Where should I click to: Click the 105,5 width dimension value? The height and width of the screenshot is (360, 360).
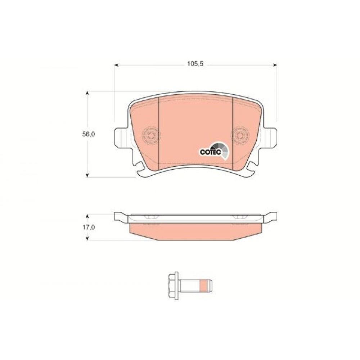pos(195,64)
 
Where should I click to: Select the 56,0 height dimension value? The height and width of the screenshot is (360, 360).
pos(89,134)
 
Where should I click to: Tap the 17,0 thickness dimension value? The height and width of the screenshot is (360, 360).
pos(89,227)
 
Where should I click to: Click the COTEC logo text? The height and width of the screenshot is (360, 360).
pos(210,152)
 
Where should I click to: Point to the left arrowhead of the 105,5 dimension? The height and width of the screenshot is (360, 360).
pos(116,66)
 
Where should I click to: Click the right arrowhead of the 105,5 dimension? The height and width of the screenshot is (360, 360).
pos(275,66)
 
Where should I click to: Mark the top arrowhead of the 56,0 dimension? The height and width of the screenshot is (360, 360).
pos(87,93)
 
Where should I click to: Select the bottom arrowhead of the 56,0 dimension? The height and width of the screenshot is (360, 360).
pos(87,175)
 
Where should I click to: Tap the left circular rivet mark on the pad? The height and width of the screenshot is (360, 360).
pos(151,135)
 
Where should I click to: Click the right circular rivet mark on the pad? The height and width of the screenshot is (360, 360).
pos(240,135)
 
